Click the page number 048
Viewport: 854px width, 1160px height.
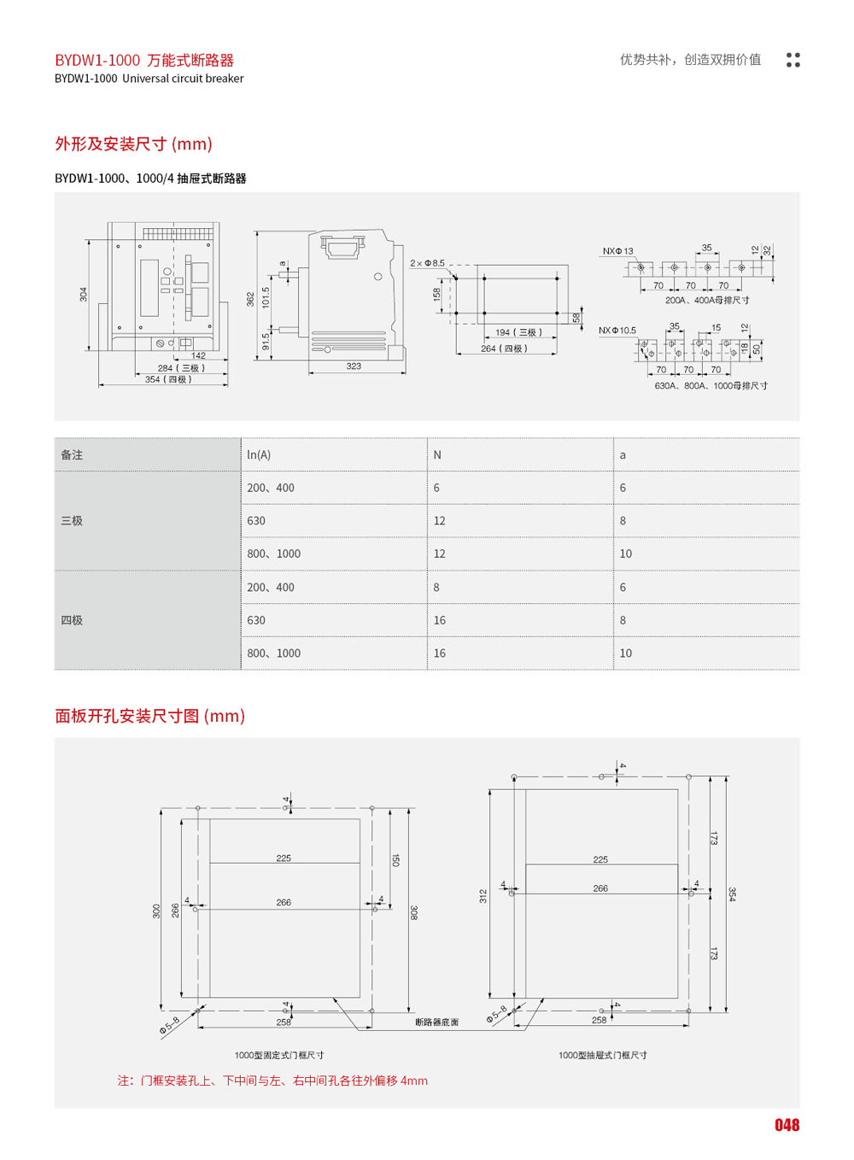click(787, 1125)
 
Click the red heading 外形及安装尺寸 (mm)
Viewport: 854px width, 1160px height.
click(133, 144)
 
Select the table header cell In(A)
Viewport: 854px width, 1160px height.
click(259, 455)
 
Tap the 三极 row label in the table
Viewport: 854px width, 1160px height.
click(72, 521)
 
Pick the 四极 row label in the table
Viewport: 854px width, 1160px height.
click(72, 620)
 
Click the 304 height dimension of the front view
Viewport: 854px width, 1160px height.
click(84, 294)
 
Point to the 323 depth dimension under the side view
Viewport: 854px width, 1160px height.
click(354, 366)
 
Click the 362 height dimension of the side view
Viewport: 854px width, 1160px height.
click(250, 299)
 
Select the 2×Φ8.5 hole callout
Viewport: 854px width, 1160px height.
click(427, 263)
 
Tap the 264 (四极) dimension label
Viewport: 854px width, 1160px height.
click(504, 349)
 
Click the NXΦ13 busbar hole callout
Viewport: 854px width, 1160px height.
click(617, 251)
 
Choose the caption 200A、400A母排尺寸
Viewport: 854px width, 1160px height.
click(707, 301)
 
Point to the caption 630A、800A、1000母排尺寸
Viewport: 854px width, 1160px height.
click(711, 386)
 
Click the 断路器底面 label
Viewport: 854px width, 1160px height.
click(436, 1022)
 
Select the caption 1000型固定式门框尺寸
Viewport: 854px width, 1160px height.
click(279, 1056)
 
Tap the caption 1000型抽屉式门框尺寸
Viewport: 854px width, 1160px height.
click(603, 1056)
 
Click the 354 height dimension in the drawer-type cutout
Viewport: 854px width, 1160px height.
click(732, 893)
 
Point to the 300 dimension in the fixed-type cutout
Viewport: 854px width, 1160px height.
click(156, 911)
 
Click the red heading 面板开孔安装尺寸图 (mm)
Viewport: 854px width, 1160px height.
click(150, 716)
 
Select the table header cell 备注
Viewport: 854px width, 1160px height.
click(72, 455)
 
